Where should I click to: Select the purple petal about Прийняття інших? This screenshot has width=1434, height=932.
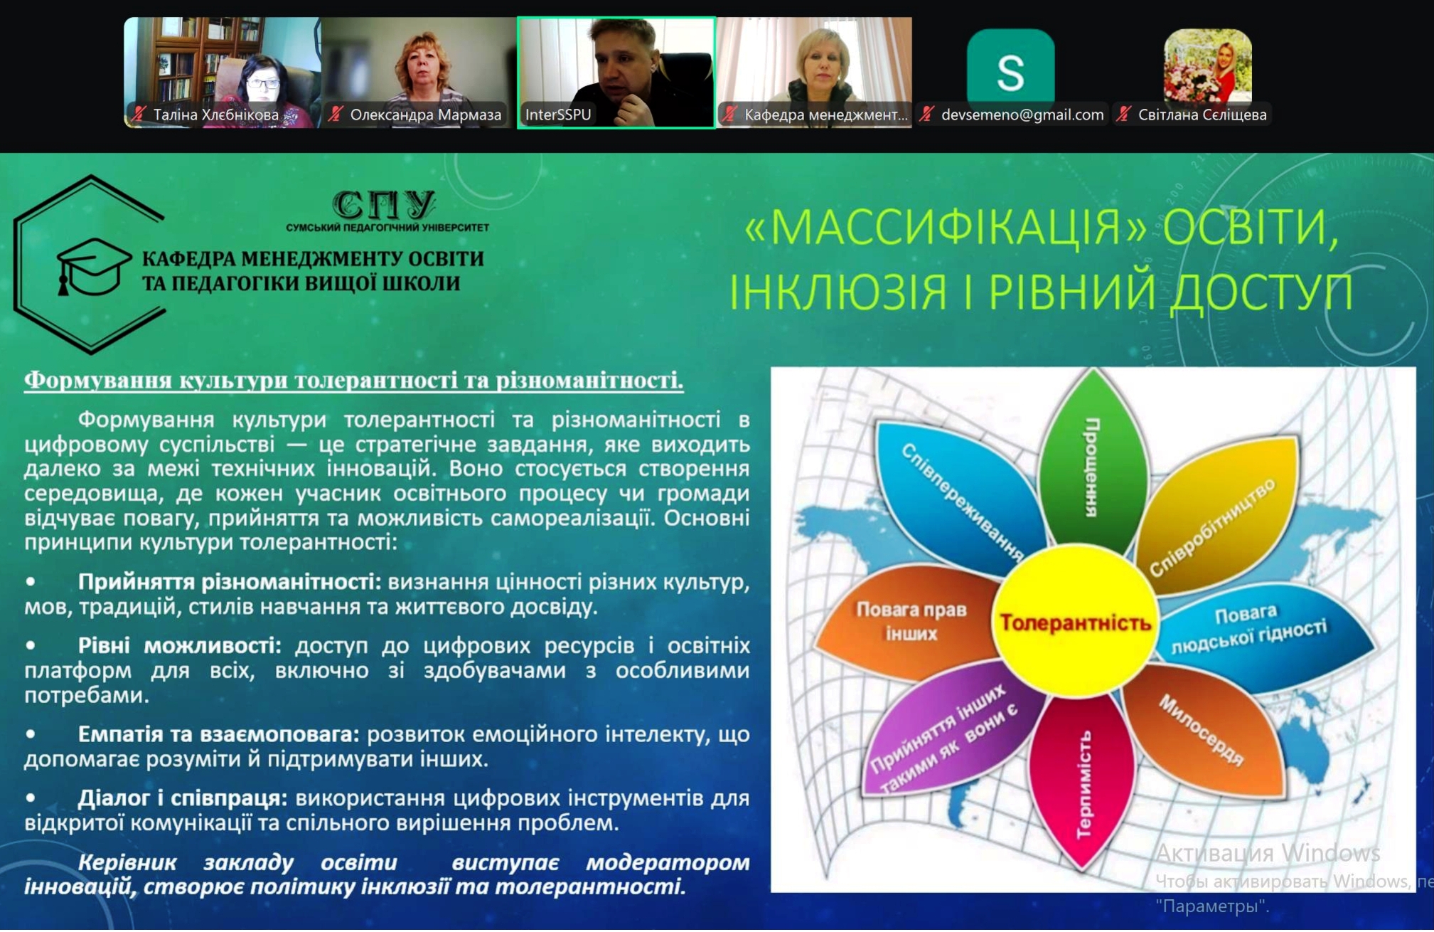[x=949, y=733]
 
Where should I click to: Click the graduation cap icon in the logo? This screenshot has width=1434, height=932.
[x=93, y=268]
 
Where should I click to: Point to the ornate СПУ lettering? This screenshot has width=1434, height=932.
[x=384, y=205]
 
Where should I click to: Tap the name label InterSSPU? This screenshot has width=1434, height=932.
[x=558, y=115]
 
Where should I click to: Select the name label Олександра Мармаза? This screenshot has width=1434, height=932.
[x=425, y=115]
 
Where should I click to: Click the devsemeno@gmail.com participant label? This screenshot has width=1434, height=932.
[x=1022, y=115]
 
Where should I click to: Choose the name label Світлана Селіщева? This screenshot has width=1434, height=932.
[x=1202, y=115]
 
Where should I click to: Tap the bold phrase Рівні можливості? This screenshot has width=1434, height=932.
[x=180, y=645]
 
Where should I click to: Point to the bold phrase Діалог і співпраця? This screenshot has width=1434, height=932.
[x=183, y=798]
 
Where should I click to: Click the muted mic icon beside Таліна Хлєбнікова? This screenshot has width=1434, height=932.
[x=139, y=115]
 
